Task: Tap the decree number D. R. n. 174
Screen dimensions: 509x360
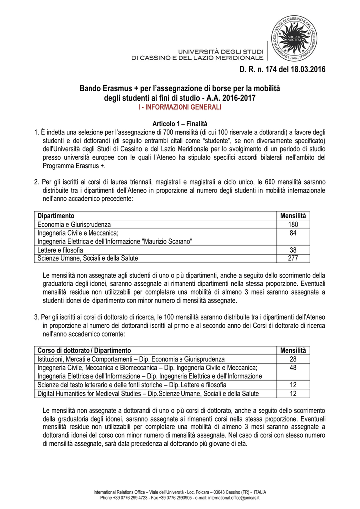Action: pos(255,69)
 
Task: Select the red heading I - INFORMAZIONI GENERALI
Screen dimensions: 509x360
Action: pos(180,107)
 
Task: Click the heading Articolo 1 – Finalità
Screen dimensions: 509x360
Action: pos(180,123)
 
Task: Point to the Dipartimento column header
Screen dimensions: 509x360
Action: pos(56,216)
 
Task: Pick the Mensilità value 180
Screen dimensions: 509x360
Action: pos(293,224)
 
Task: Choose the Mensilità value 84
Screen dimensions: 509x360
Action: pos(293,233)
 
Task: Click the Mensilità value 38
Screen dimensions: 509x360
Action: pos(293,250)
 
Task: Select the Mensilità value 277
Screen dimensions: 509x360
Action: pos(293,258)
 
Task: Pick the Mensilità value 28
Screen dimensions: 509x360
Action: pos(293,359)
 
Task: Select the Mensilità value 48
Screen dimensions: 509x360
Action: pos(293,367)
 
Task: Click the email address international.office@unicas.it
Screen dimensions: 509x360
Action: pos(231,497)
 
